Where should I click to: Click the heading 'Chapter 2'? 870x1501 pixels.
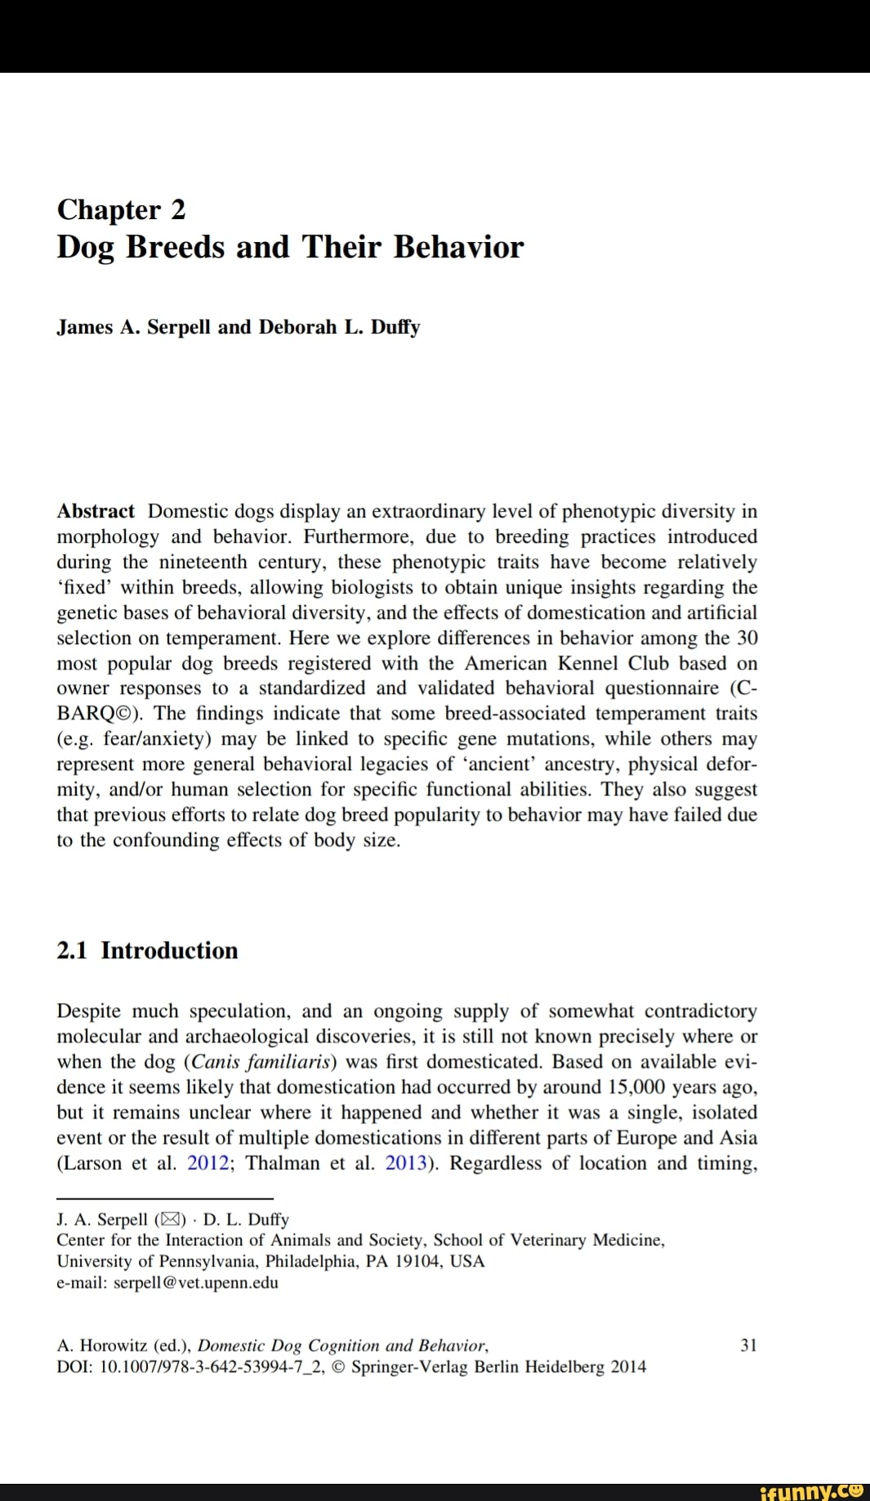pos(121,210)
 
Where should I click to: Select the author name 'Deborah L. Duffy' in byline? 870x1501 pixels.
pos(339,327)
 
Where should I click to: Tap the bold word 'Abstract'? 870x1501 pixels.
pos(96,512)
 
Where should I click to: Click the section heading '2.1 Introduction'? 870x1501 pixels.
pos(147,951)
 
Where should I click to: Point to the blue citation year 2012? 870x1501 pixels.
pos(207,1163)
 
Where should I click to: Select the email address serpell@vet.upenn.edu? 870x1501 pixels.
pos(195,1283)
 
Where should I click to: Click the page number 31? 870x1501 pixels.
pos(748,1346)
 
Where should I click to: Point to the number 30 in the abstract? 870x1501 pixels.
pos(747,638)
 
